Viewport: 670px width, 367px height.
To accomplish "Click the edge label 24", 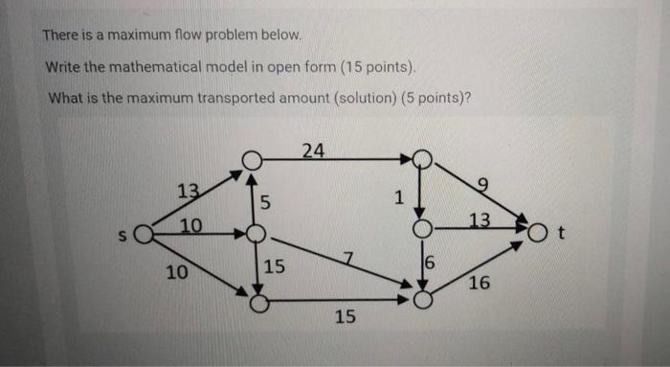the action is [x=312, y=149].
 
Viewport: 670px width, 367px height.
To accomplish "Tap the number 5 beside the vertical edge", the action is [x=266, y=202].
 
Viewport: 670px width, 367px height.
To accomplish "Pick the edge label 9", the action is [x=481, y=185].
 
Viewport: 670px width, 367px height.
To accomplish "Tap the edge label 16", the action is [x=480, y=284].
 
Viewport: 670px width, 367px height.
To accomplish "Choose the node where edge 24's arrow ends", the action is [x=421, y=159].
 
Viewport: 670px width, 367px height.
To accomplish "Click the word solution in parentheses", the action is [x=368, y=99].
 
